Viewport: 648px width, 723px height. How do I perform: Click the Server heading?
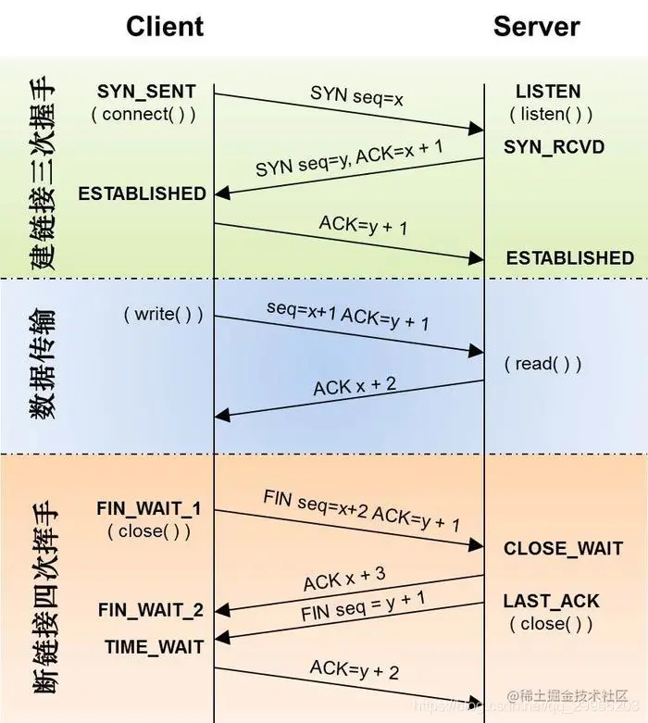point(536,26)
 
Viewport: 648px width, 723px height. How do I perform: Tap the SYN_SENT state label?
point(146,92)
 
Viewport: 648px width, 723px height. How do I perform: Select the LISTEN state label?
point(548,92)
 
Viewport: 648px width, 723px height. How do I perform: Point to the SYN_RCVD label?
point(554,146)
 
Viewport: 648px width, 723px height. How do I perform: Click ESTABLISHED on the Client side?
point(142,193)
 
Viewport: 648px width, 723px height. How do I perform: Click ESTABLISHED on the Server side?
point(569,257)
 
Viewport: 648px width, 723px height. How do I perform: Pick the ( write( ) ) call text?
point(163,314)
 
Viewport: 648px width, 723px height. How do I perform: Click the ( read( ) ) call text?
point(543,363)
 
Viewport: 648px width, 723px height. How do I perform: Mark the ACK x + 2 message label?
point(355,385)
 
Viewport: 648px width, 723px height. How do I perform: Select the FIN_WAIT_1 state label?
point(148,509)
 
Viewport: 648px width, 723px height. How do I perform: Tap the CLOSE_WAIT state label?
point(563,549)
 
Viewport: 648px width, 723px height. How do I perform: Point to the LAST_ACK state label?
point(552,601)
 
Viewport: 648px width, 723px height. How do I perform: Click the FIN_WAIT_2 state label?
point(150,611)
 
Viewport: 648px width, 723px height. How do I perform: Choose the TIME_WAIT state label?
point(153,647)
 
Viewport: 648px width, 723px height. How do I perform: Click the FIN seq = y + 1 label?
point(363,607)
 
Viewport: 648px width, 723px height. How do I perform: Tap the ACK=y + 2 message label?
point(355,670)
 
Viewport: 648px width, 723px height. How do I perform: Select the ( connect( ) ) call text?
point(143,115)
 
